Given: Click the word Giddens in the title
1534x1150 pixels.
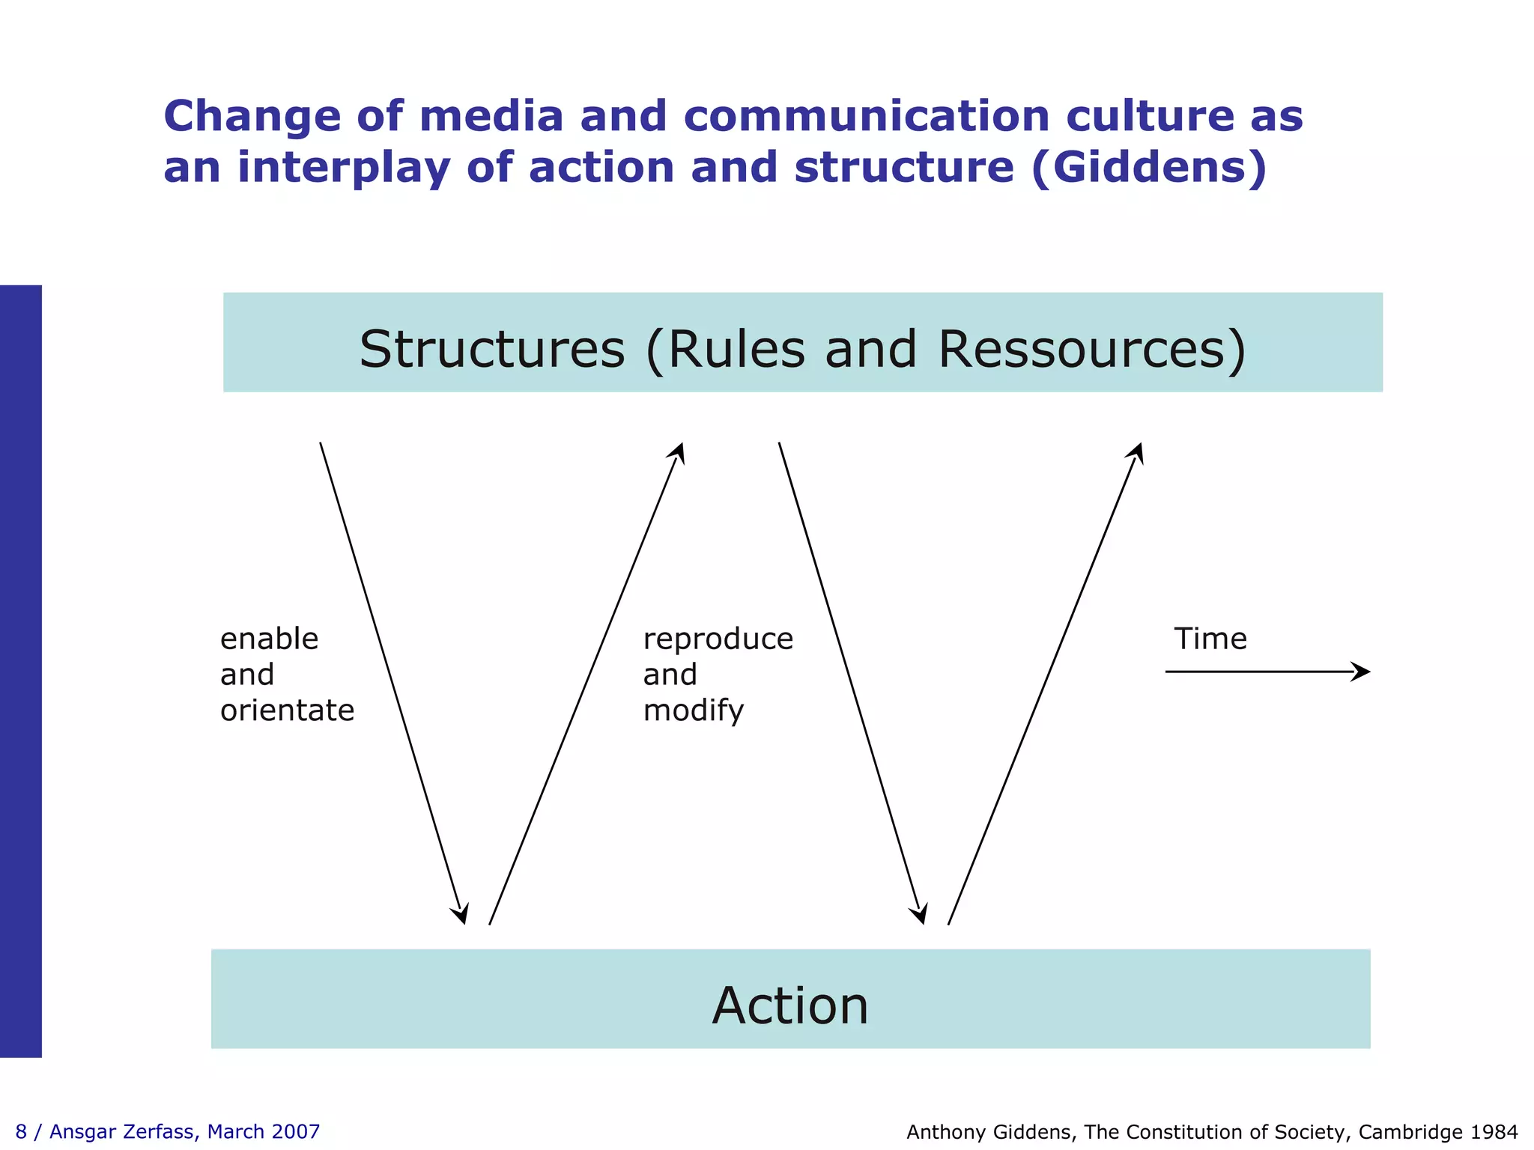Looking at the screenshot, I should [1148, 167].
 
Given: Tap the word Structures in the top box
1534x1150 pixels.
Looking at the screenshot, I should [491, 349].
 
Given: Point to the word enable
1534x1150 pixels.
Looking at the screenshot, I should [269, 639].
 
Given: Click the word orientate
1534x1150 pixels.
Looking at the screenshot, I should [287, 710].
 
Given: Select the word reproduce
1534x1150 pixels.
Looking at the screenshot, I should [718, 639].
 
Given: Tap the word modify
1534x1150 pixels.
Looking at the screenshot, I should [693, 711].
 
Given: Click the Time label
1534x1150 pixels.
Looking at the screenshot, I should [1210, 639].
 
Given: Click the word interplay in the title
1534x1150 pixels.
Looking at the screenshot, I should [344, 167].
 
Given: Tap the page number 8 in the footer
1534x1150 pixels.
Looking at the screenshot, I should [21, 1131].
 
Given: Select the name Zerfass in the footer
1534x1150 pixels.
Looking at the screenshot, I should [161, 1131].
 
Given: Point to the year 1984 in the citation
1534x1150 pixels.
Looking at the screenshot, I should [1494, 1132].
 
